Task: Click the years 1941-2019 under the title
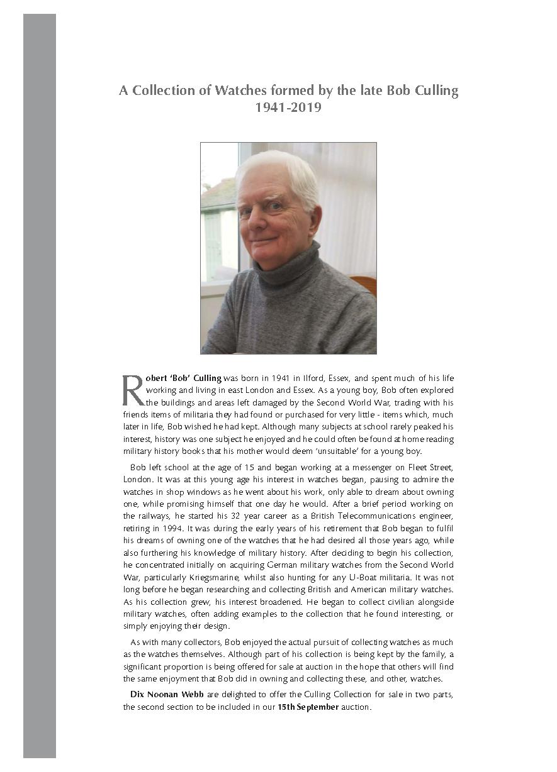288,108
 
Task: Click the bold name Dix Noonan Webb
160,695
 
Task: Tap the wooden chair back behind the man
367,286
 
